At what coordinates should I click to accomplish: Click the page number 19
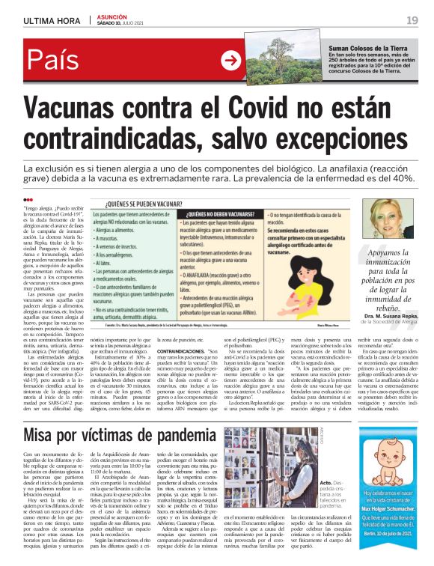[x=412, y=19]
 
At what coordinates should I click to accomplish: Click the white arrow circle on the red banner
[x=230, y=61]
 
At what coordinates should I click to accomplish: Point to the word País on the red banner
[x=57, y=62]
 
